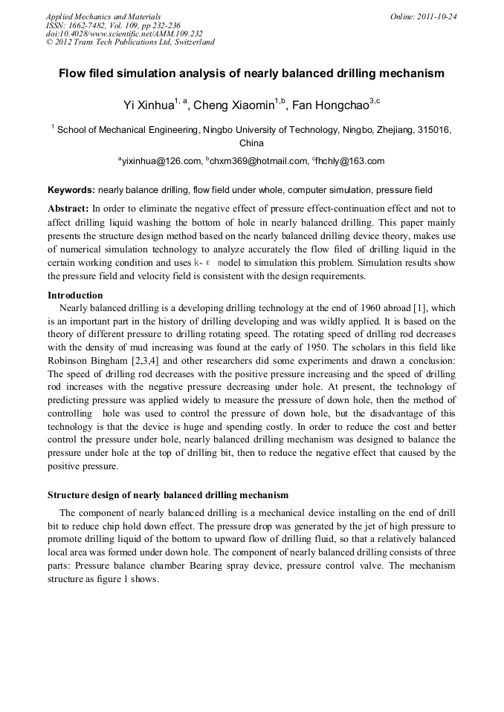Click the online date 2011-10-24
439,16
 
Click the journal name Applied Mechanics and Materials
103,16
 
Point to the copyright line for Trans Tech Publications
130,42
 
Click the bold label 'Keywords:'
71,190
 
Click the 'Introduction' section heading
75,295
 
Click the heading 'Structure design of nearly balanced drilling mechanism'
168,494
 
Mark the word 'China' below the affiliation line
251,143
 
